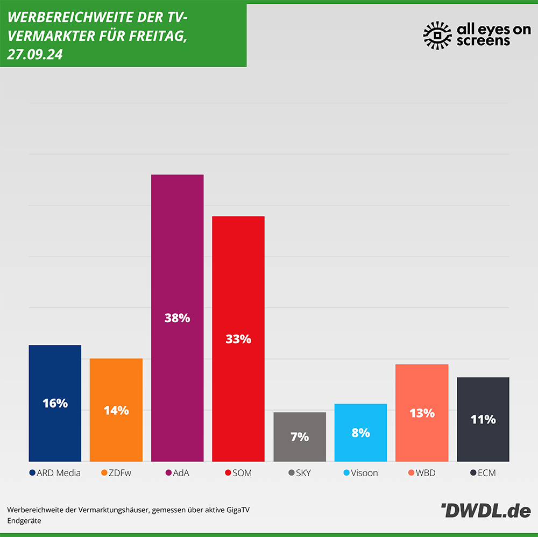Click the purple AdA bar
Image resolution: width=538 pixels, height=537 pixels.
pyautogui.click(x=177, y=258)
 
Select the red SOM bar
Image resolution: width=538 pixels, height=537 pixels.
pyautogui.click(x=238, y=280)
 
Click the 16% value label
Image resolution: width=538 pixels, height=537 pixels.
pyautogui.click(x=55, y=403)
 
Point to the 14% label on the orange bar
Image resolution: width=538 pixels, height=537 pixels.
pyautogui.click(x=116, y=411)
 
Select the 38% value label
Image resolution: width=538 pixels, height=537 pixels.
pyautogui.click(x=177, y=318)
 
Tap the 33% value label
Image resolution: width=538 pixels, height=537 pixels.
pyautogui.click(x=238, y=340)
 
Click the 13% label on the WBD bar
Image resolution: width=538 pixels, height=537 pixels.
pyautogui.click(x=422, y=413)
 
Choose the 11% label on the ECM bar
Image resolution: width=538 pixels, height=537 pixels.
pyautogui.click(x=483, y=419)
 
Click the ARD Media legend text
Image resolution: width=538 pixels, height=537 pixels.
pyautogui.click(x=59, y=474)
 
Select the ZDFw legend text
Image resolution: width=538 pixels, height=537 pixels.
pyautogui.click(x=120, y=474)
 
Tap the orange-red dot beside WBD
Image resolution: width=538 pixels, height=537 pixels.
pyautogui.click(x=411, y=474)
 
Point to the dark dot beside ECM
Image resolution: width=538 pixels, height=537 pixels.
pyautogui.click(x=473, y=474)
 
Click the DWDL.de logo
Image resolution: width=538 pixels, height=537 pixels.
pyautogui.click(x=485, y=511)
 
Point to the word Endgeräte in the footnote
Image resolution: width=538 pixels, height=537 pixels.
pyautogui.click(x=24, y=521)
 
